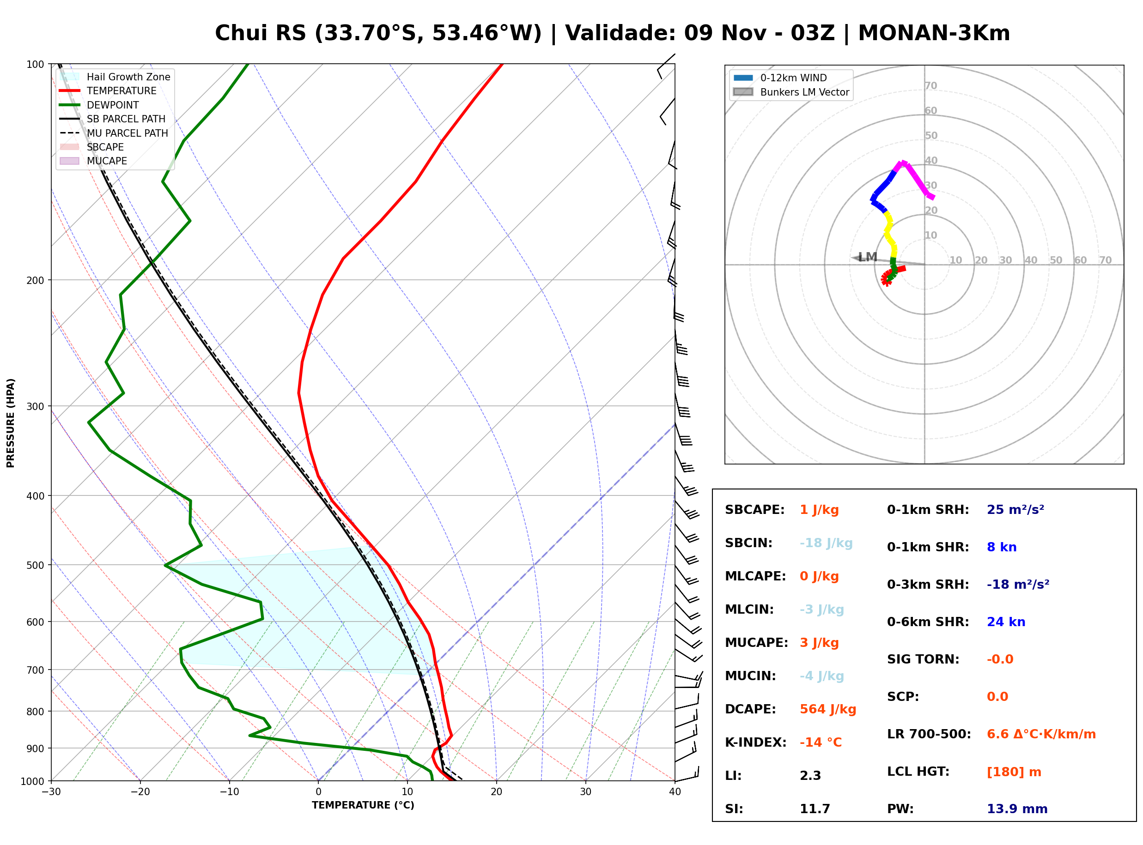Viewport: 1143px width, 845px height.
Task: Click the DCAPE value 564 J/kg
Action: (827, 709)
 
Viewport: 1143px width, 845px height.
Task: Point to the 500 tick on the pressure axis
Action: (35, 565)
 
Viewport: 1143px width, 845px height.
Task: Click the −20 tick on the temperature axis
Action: (140, 792)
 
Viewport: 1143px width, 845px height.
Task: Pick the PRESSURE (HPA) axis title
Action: (11, 422)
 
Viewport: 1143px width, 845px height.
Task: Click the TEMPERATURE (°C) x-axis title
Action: (363, 805)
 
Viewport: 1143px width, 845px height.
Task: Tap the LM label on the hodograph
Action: (867, 257)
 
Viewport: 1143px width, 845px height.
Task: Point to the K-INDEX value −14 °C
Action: (821, 742)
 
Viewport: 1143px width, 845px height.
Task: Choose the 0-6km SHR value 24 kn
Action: (1006, 622)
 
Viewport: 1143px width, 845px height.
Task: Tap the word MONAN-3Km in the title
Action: (934, 33)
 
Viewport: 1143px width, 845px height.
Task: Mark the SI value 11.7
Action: (815, 809)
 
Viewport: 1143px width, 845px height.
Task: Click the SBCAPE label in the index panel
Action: (754, 510)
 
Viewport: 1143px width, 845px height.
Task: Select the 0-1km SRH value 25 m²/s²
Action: (1015, 509)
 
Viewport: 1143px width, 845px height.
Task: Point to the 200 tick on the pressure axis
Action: (35, 280)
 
